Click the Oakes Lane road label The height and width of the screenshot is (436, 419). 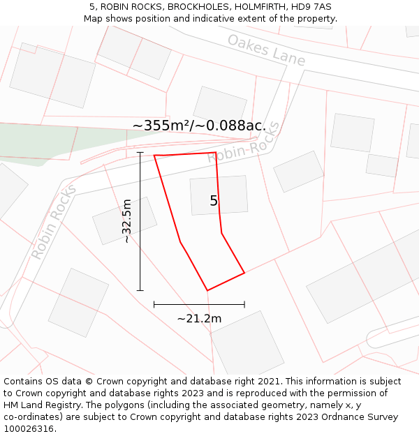(x=266, y=50)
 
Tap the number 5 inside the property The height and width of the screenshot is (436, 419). (x=214, y=201)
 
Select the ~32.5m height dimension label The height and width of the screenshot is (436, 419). (x=126, y=221)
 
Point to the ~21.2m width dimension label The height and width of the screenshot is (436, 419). (x=199, y=319)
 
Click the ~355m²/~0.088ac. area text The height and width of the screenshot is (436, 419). (x=198, y=126)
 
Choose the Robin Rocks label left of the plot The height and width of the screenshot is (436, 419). (x=53, y=222)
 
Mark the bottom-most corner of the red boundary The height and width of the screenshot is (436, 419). (x=207, y=290)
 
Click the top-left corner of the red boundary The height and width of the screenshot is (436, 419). (x=154, y=155)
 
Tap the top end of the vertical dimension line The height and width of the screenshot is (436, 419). (x=140, y=152)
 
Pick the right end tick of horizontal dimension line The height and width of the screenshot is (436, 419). (x=244, y=304)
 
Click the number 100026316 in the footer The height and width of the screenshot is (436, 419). (x=29, y=428)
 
